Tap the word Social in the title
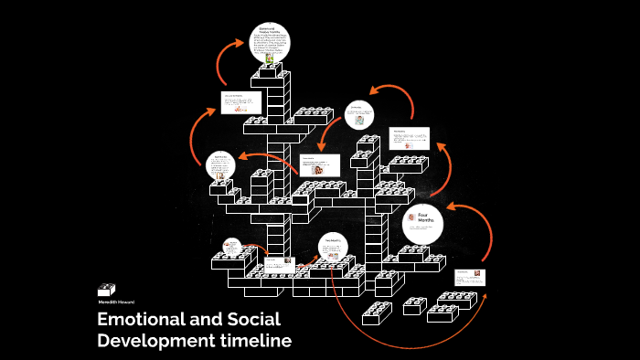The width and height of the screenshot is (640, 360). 254,320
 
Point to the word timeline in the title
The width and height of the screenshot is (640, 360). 260,342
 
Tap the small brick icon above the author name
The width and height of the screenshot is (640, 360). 107,288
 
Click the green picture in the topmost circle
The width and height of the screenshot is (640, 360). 270,58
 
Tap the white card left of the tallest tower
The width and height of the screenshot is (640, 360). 240,101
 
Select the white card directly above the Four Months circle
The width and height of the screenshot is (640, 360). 409,138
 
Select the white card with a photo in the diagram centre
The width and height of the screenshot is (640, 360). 320,165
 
